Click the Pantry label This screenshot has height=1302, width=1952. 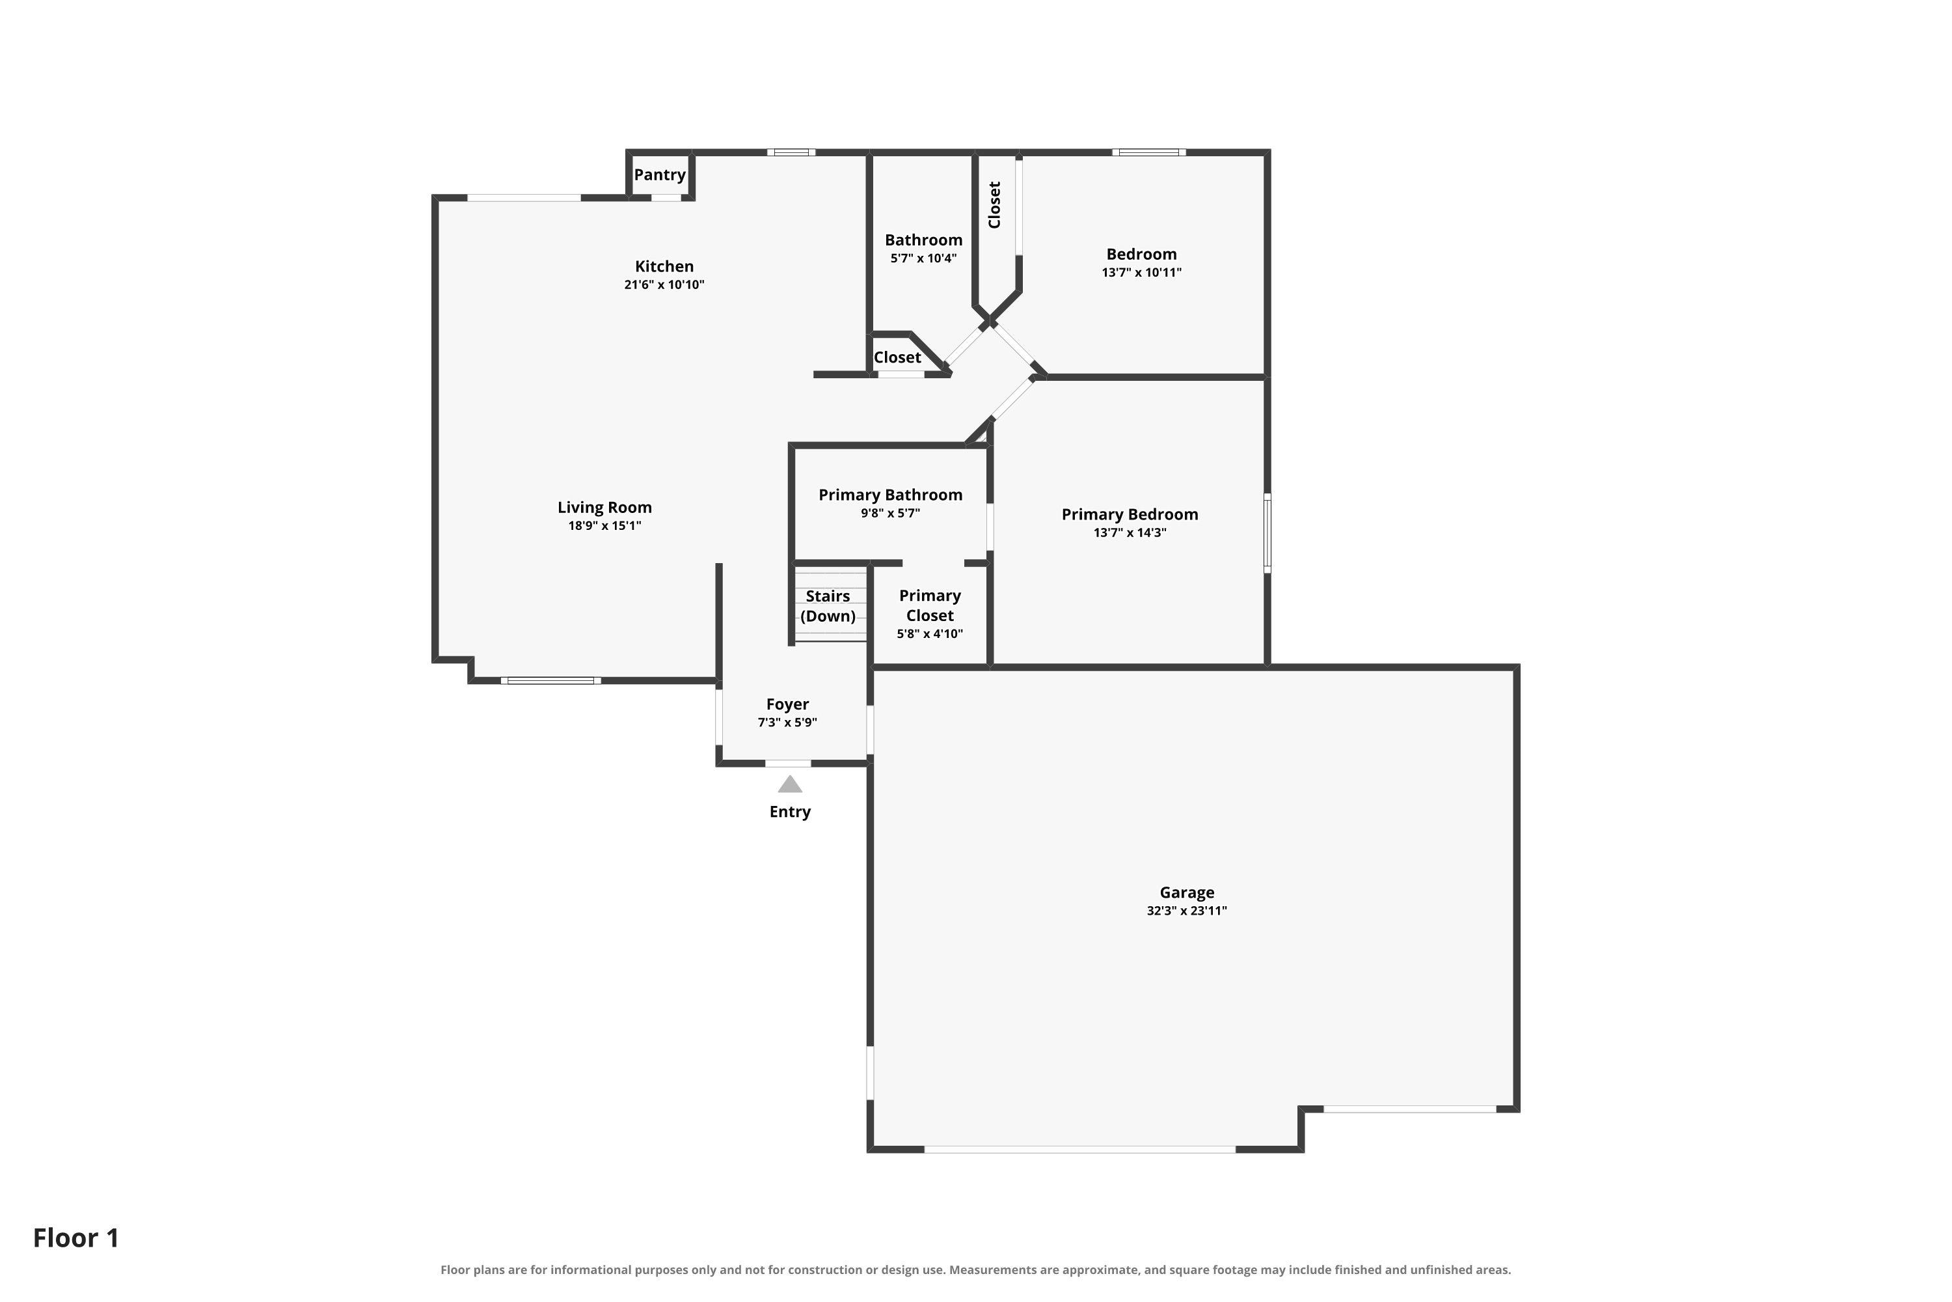tap(660, 175)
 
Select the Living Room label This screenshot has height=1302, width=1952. tap(604, 507)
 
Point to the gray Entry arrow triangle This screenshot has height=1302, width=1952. tap(790, 784)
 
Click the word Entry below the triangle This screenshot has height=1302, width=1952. tap(790, 812)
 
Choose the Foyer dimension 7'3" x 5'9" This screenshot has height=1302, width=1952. tap(787, 723)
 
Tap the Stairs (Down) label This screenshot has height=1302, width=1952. tap(828, 606)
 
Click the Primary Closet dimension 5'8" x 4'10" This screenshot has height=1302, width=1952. tap(930, 633)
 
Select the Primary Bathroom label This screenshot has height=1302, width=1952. tap(891, 495)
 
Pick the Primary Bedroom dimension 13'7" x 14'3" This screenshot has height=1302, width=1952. tap(1130, 533)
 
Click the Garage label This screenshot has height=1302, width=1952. tap(1187, 893)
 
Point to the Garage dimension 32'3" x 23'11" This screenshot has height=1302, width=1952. tap(1187, 911)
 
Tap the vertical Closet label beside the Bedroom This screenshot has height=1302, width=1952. tap(994, 204)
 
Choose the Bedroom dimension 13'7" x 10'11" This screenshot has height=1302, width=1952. tap(1141, 272)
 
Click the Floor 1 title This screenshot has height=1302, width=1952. tap(76, 1238)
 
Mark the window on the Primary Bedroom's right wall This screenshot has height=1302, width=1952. tap(1267, 533)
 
